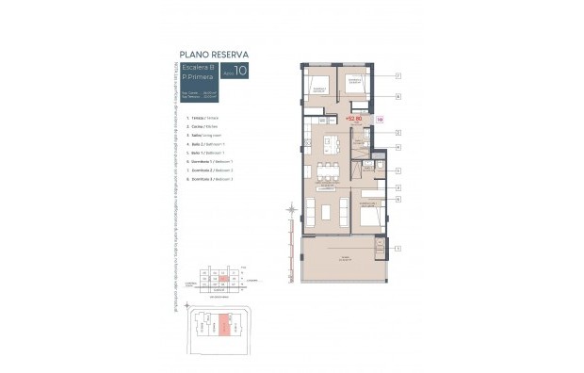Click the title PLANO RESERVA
coord(212,56)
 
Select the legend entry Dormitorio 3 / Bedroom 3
coord(211,178)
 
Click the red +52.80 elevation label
coord(354,120)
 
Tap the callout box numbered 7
coord(398,75)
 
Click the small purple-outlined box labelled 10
coord(379,120)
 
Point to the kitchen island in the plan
coord(331,145)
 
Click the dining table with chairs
coord(328,170)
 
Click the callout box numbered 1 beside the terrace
coord(398,249)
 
